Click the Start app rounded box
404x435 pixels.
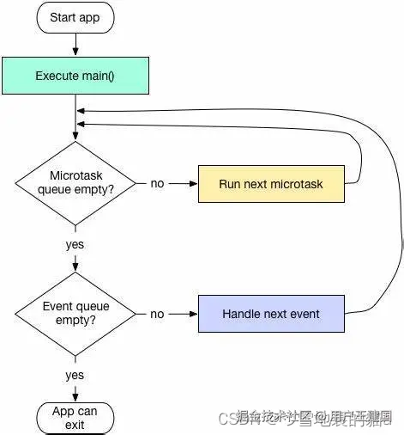[75, 17]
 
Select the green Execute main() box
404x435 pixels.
[75, 76]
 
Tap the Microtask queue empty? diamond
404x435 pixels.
[75, 183]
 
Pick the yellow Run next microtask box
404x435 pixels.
[271, 183]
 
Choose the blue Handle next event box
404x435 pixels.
[271, 314]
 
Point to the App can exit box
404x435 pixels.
[75, 418]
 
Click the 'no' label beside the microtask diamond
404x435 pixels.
[157, 183]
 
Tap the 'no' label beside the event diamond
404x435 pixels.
[157, 314]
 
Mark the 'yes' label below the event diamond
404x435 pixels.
[75, 375]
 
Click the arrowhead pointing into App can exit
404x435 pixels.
[75, 396]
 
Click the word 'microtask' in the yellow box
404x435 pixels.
[299, 183]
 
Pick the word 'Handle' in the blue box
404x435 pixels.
[242, 314]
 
